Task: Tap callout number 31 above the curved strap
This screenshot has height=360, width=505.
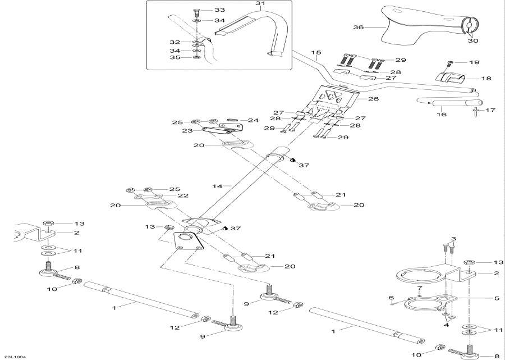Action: [259, 4]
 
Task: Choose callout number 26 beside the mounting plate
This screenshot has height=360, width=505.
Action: [374, 99]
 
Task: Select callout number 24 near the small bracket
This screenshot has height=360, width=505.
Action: [253, 120]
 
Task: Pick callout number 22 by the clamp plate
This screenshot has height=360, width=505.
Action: [183, 195]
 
